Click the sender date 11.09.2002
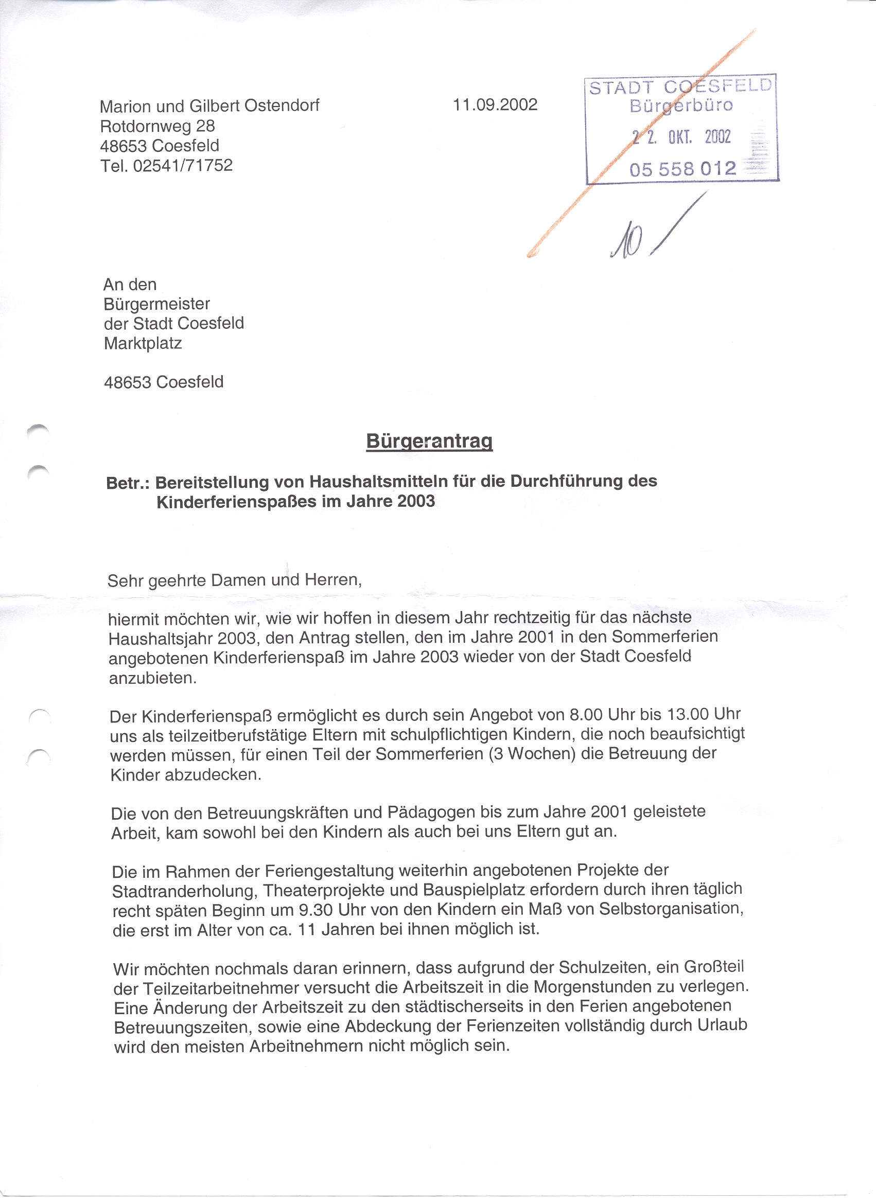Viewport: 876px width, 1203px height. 495,104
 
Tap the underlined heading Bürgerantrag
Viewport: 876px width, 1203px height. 429,441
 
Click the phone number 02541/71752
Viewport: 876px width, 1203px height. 183,166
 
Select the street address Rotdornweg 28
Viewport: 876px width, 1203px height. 157,126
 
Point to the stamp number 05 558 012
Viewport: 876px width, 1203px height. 683,169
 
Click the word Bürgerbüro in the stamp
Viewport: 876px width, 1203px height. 681,105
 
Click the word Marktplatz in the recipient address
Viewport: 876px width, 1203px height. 143,344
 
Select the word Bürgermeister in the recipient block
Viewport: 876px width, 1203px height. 157,304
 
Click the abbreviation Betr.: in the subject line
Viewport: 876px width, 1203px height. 128,483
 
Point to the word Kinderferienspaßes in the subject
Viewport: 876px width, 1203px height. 237,502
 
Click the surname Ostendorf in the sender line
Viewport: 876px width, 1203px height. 282,105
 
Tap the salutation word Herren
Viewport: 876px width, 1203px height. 332,579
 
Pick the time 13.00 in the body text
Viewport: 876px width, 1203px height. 688,714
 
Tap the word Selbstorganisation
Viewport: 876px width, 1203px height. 671,909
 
